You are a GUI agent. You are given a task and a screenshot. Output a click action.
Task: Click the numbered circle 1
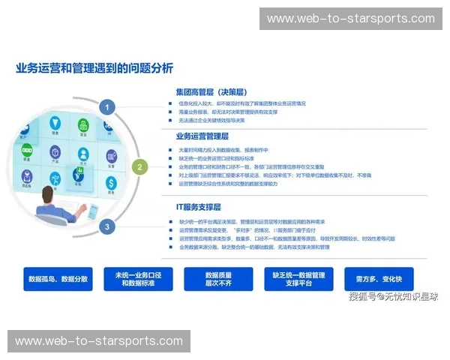(x=108, y=107)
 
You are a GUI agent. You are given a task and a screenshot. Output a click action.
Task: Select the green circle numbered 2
(x=139, y=167)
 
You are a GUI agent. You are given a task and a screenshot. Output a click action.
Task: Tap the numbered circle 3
(x=108, y=226)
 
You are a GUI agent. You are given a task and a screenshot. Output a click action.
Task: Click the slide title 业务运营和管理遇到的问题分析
(x=94, y=68)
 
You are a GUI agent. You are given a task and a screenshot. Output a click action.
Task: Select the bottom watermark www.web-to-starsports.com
(x=98, y=342)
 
